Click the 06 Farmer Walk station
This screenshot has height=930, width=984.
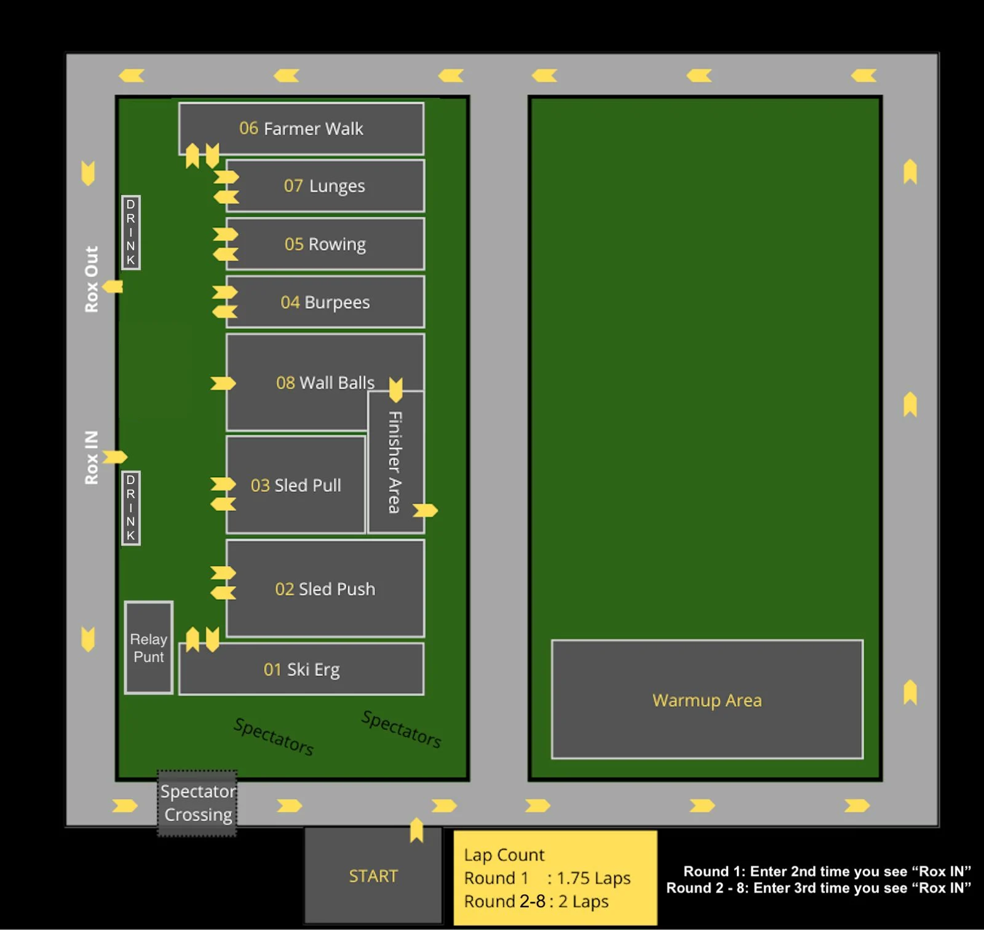click(x=301, y=128)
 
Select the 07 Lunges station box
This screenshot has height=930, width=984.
click(x=325, y=186)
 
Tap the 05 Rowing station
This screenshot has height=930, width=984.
click(x=325, y=244)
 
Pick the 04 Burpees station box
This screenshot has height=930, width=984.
click(x=325, y=302)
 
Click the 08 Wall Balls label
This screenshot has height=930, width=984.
click(x=325, y=383)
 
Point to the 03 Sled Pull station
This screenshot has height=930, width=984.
click(x=296, y=485)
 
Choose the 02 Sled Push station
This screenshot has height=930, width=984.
click(x=325, y=589)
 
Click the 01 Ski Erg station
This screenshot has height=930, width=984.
click(x=301, y=669)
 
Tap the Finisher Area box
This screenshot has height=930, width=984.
click(x=395, y=462)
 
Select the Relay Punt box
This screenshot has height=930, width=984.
click(x=149, y=648)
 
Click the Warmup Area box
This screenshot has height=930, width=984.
click(x=707, y=699)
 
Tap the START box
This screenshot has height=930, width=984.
click(x=373, y=875)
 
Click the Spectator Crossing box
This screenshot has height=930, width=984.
click(x=197, y=803)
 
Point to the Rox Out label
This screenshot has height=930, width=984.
click(x=92, y=279)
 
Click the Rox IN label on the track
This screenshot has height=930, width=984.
click(x=92, y=458)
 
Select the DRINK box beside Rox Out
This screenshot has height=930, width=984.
click(x=131, y=232)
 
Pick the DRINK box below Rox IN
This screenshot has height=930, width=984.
click(x=131, y=508)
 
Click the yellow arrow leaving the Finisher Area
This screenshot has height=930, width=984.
click(x=425, y=510)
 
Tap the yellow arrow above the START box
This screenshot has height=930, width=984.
click(x=417, y=830)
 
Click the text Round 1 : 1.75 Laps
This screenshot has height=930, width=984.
click(x=547, y=878)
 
